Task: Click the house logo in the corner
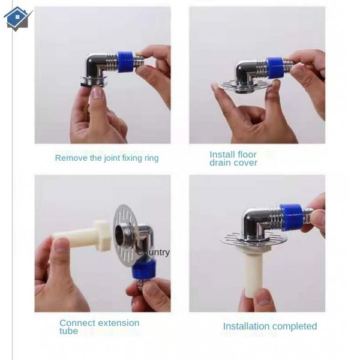tap(17, 19)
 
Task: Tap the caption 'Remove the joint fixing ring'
tap(107, 158)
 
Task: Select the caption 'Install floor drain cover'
tap(233, 158)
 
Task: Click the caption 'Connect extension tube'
tap(99, 327)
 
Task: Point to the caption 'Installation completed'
tap(270, 326)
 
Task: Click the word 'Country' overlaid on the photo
tap(154, 253)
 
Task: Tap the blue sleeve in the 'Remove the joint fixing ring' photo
tap(125, 62)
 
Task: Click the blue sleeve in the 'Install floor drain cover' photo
tap(275, 68)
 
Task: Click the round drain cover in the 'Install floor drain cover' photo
tap(245, 86)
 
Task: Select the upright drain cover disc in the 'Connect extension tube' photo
tap(125, 236)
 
